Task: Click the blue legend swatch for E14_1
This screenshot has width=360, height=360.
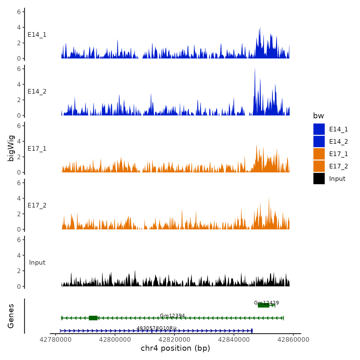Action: point(319,129)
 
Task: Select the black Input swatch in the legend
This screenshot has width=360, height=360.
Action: point(319,178)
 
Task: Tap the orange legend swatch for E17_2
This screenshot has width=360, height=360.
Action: point(319,166)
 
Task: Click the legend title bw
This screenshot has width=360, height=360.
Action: point(318,116)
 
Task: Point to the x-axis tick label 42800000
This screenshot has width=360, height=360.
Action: point(115,340)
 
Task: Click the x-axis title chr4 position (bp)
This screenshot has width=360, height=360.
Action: point(175,348)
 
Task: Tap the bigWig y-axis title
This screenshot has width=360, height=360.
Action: point(11,148)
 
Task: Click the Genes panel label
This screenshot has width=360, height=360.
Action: point(11,316)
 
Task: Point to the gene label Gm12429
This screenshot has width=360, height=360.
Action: point(266,303)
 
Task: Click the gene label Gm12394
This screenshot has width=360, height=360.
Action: point(172,316)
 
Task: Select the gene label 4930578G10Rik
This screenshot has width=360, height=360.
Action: point(157,328)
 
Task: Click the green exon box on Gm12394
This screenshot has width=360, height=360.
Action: point(93,318)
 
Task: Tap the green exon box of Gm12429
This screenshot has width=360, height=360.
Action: point(264,305)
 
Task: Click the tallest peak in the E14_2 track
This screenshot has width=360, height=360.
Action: point(255,68)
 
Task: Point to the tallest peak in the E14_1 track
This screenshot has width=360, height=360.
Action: point(260,28)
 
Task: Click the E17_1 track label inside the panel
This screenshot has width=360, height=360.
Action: point(37,149)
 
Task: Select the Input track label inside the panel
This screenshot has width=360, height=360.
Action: point(37,263)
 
